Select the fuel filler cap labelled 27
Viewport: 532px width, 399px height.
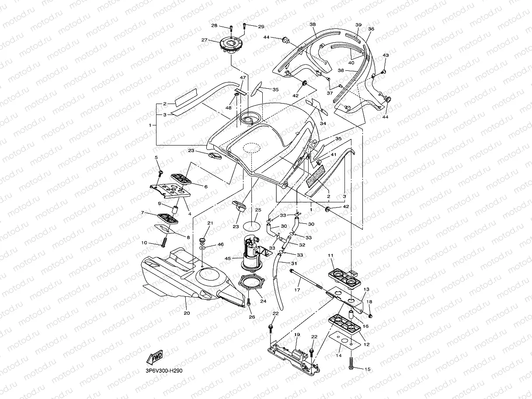pos(226,45)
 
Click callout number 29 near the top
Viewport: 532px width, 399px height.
pos(261,27)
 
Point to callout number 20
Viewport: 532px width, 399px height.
pos(187,312)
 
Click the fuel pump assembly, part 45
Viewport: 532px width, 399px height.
pos(251,253)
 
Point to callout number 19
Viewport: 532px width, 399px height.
pos(297,335)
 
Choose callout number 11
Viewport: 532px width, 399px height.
pos(330,255)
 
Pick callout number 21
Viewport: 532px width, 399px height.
pos(210,223)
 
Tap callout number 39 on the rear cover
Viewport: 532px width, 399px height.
pos(358,25)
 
